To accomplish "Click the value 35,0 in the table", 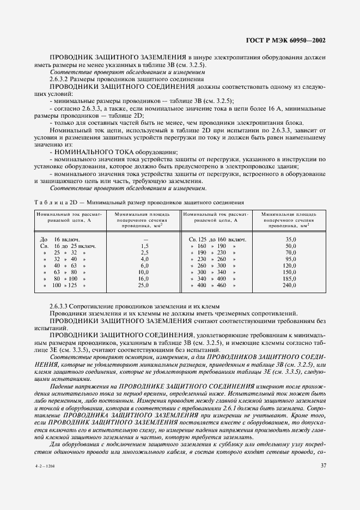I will [291, 239].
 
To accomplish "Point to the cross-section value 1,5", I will [144, 246].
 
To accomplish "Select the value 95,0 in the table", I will [291, 259].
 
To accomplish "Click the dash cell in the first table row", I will [145, 239].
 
